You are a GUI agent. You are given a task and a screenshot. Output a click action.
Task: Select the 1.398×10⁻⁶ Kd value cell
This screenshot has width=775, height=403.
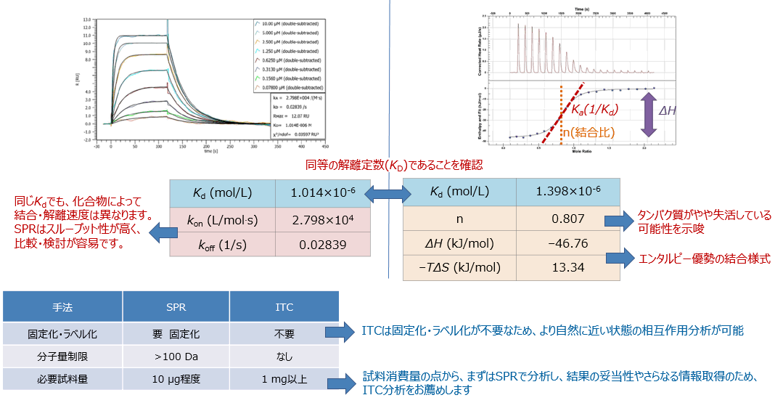[x=567, y=192]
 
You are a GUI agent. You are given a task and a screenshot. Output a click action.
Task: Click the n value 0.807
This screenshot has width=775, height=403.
[x=567, y=216]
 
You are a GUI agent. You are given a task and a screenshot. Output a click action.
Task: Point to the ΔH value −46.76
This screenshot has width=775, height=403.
[x=567, y=243]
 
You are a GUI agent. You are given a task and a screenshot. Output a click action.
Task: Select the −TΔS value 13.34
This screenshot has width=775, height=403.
[x=567, y=267]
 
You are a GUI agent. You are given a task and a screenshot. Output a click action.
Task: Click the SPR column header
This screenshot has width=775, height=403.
[x=176, y=306]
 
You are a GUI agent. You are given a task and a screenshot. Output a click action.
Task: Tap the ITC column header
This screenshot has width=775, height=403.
[x=284, y=306]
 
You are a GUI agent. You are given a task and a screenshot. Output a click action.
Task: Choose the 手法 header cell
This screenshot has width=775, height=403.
[x=62, y=306]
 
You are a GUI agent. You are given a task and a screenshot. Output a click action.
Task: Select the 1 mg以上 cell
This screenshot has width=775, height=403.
[x=284, y=379]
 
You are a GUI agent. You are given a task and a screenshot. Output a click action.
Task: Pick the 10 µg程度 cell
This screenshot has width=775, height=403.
[x=176, y=379]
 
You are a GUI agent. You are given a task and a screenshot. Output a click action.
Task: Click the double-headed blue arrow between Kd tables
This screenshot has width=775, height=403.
[x=387, y=193]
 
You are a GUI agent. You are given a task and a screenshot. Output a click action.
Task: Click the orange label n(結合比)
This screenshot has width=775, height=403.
[x=587, y=133]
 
